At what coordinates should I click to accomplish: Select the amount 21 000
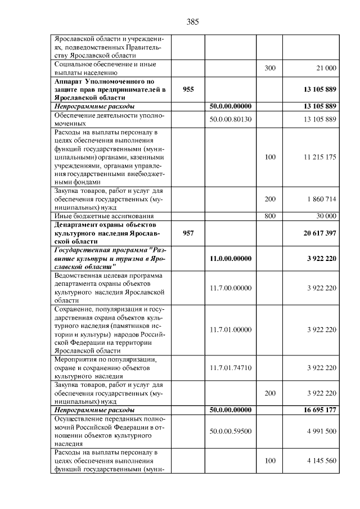click(326, 68)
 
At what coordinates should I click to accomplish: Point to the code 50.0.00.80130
click(230, 119)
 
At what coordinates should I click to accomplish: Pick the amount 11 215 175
click(320, 157)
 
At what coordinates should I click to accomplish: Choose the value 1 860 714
click(322, 200)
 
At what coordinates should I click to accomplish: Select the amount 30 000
click(326, 216)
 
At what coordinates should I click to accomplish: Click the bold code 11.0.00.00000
click(230, 258)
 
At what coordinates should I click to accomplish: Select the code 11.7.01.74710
click(230, 368)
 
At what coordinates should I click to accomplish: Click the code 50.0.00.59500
click(230, 431)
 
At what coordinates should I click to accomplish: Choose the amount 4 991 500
click(322, 431)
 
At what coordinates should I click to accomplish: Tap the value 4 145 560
click(322, 461)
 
